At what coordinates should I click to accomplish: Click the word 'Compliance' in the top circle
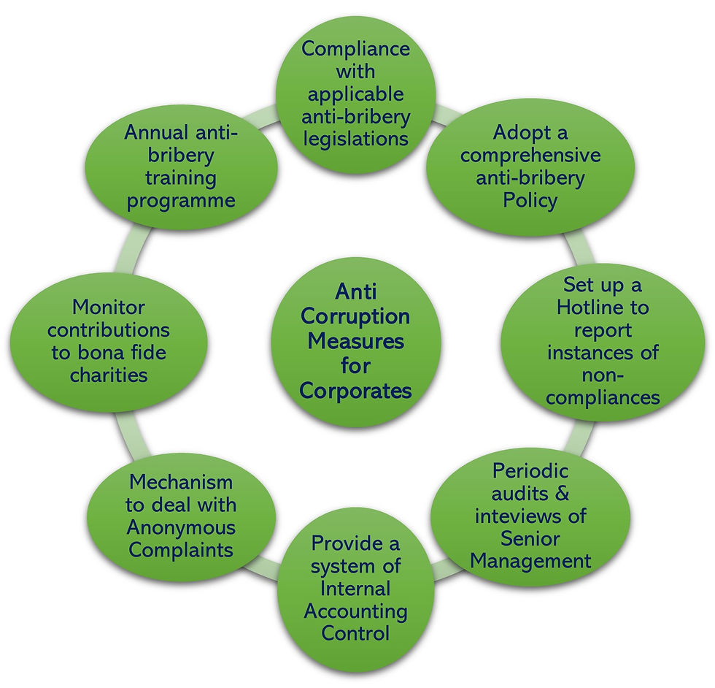355,49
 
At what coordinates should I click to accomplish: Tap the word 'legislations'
356,139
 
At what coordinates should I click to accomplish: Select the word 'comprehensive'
530,155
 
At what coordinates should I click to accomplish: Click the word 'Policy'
530,199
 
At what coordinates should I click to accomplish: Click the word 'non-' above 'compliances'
603,375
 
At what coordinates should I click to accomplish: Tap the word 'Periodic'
530,470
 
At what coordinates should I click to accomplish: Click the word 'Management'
530,561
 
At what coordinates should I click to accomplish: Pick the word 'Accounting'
355,611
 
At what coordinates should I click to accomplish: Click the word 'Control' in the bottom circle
355,632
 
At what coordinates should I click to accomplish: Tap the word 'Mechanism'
181,482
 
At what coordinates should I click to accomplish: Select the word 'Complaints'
181,549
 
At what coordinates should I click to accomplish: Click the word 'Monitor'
108,307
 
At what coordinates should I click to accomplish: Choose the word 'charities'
108,375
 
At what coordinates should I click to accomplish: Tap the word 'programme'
181,200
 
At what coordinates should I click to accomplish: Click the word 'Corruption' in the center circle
355,316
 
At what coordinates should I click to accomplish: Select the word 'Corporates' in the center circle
355,391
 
